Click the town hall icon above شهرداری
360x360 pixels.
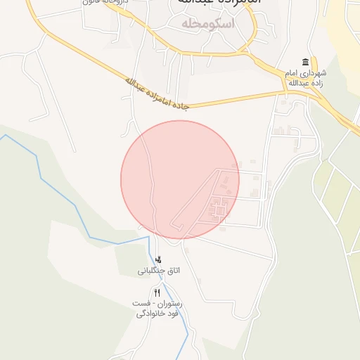coord(305,62)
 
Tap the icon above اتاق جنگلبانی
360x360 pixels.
coord(158,258)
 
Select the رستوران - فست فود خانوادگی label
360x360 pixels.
coord(159,308)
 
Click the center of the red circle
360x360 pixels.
coord(180,179)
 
